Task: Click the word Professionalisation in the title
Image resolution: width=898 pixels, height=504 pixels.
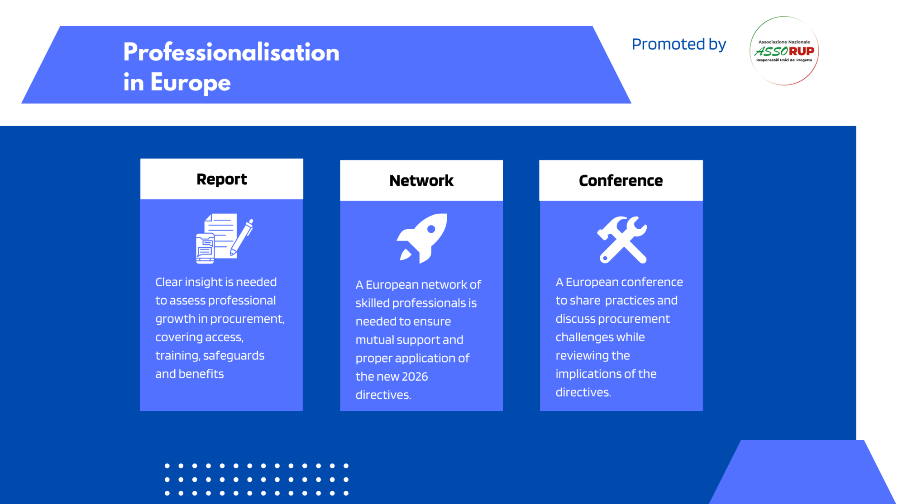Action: click(231, 52)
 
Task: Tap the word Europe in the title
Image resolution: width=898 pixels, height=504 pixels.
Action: click(190, 83)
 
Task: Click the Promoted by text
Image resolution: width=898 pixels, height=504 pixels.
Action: click(678, 44)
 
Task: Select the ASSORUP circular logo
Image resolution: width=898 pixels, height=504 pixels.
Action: click(784, 51)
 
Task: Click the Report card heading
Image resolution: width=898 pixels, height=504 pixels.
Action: click(221, 179)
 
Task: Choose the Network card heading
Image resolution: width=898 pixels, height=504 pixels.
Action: click(421, 180)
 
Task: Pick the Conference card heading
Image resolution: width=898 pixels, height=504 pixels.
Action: click(621, 180)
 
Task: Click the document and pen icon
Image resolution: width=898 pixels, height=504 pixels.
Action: click(224, 238)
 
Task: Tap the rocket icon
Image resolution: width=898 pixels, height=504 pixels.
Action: click(422, 238)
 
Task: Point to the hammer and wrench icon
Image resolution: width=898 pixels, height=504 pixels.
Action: click(622, 240)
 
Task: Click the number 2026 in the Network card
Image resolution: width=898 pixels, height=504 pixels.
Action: click(415, 377)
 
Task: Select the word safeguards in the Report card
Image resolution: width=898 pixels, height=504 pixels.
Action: click(234, 356)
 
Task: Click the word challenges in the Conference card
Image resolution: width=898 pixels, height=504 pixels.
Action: click(600, 337)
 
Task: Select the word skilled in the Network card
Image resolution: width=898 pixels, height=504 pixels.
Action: click(372, 303)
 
